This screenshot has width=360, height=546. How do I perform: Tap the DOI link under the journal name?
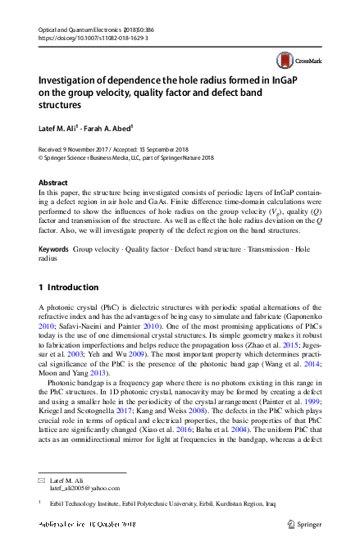[x=89, y=38]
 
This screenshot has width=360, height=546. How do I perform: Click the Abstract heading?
[x=55, y=181]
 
